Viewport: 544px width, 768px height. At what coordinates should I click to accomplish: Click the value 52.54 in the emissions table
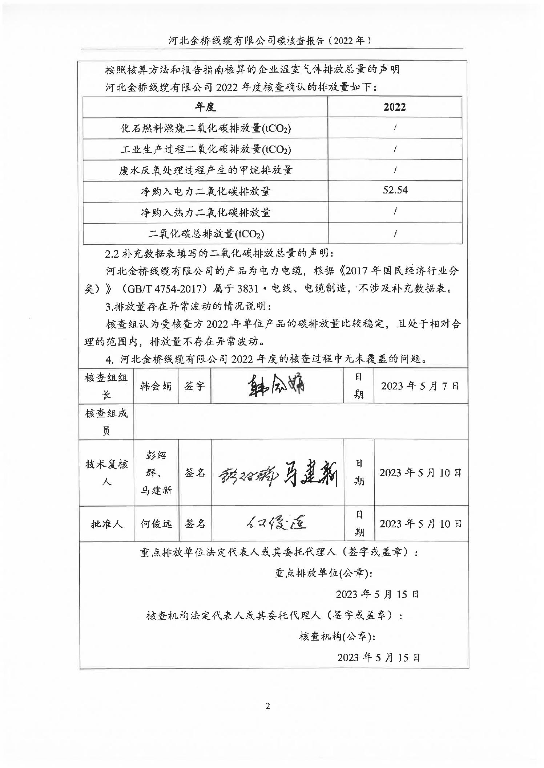click(x=395, y=190)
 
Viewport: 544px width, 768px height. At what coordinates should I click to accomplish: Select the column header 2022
click(x=395, y=107)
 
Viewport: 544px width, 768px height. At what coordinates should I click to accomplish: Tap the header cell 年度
click(x=205, y=107)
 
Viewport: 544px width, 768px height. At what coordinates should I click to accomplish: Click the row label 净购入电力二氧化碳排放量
click(x=206, y=191)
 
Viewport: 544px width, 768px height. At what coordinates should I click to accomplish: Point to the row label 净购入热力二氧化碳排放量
click(x=206, y=212)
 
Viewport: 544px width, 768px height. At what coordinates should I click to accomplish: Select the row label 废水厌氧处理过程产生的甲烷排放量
click(x=206, y=170)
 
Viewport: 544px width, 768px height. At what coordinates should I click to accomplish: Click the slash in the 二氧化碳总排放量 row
click(x=395, y=233)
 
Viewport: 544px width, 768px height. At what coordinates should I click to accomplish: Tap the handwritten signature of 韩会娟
click(x=277, y=385)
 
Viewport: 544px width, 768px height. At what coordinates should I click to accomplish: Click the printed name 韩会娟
click(x=156, y=386)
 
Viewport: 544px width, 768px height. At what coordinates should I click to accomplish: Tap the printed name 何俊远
click(x=156, y=524)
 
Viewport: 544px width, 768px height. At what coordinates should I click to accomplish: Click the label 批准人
click(x=106, y=524)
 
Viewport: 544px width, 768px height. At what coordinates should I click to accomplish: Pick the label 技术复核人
click(x=106, y=473)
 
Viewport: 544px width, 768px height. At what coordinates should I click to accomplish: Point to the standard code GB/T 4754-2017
click(x=168, y=289)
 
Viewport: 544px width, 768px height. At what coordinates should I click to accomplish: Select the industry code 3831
click(x=247, y=289)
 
